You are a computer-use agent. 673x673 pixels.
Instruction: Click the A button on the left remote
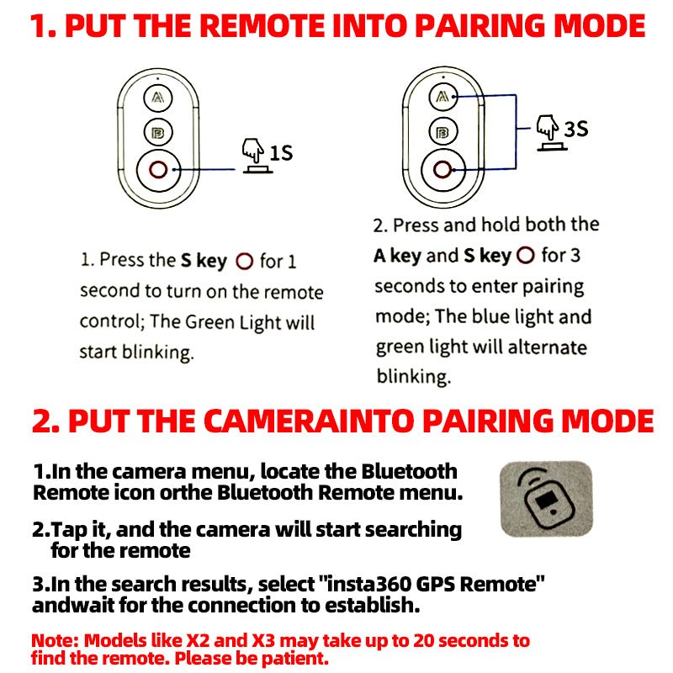click(x=157, y=98)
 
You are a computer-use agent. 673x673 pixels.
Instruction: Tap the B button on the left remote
click(x=157, y=133)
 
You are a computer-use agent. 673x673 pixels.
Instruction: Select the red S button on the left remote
click(x=158, y=170)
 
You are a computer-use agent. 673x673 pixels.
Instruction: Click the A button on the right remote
click(x=443, y=97)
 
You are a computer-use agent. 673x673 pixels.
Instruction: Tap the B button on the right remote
click(x=443, y=131)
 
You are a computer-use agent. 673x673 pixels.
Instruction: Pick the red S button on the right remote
click(x=442, y=169)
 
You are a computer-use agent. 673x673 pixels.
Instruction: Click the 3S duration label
click(x=575, y=129)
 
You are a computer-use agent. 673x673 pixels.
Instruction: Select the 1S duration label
click(x=281, y=153)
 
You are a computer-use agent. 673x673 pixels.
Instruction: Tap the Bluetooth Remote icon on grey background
click(x=546, y=499)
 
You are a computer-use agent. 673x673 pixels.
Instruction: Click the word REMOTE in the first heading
click(x=262, y=26)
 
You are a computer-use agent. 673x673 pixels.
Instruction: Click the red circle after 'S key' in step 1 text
click(x=244, y=261)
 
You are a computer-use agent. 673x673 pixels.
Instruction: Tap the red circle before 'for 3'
click(x=525, y=256)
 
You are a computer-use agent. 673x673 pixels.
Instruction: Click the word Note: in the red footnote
click(x=55, y=640)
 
